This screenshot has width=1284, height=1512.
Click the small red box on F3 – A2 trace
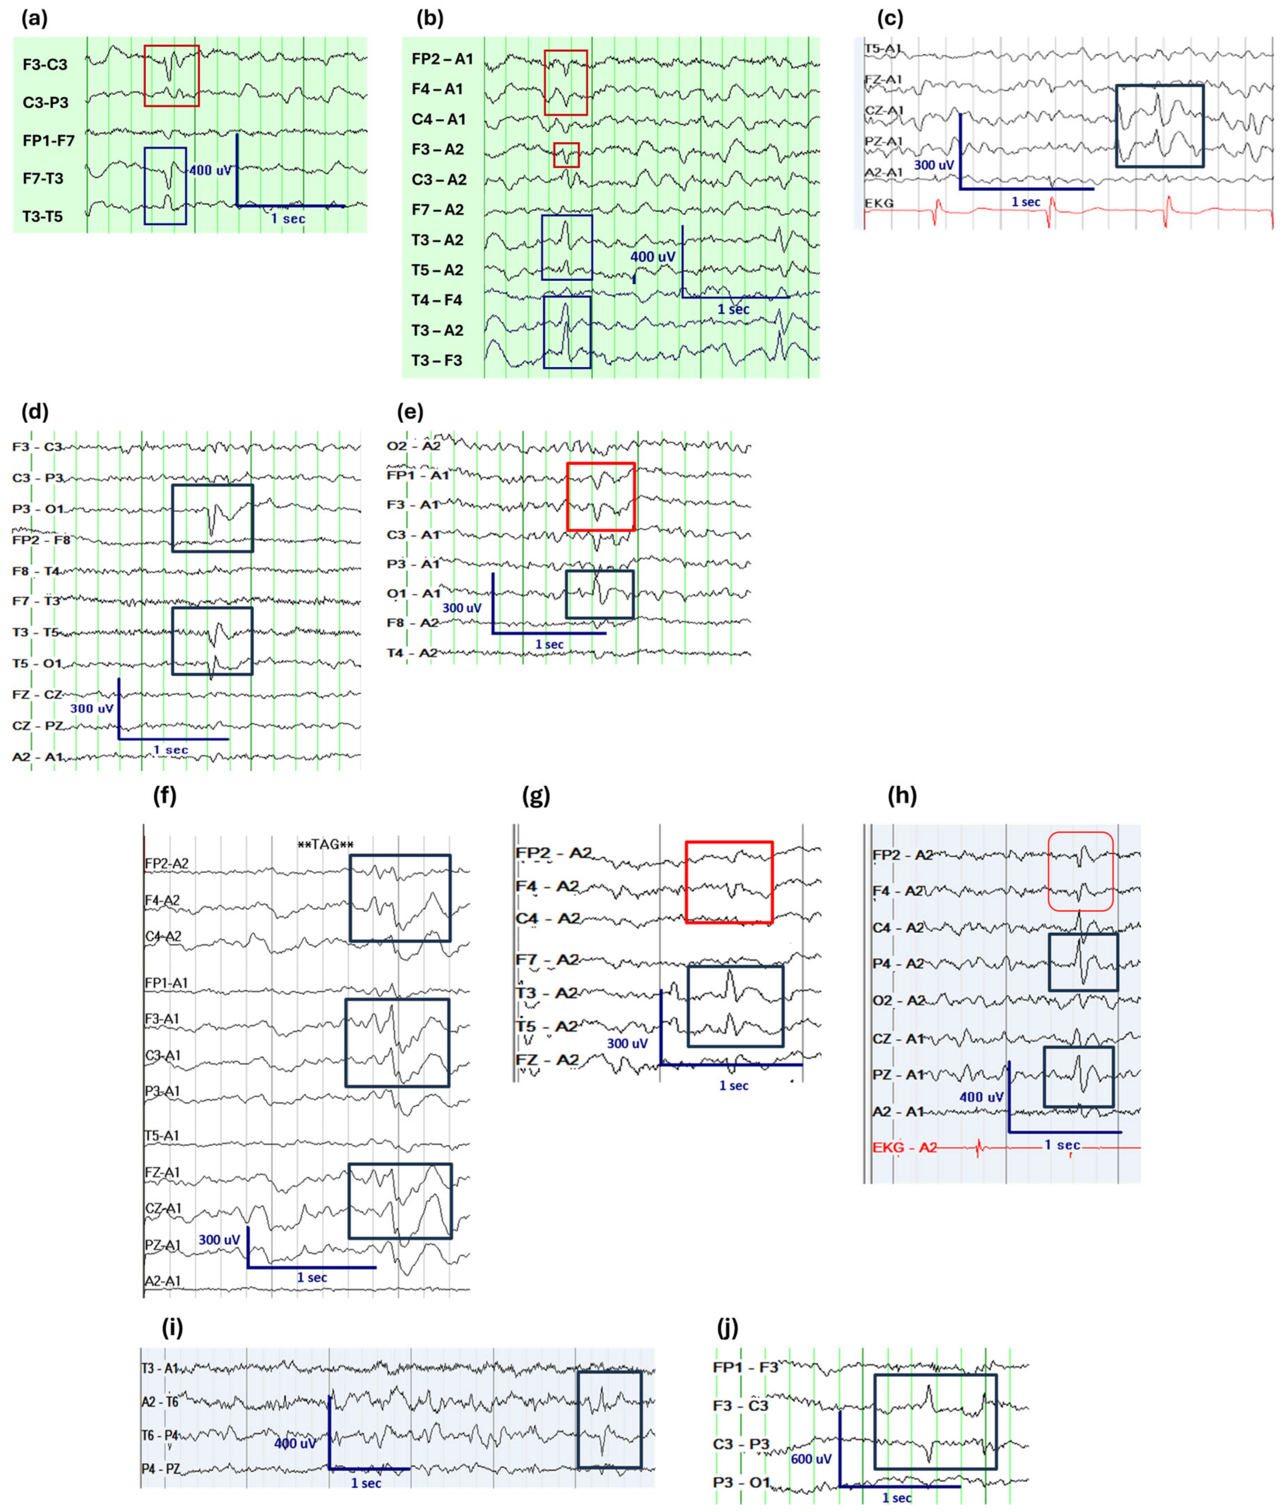566,155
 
